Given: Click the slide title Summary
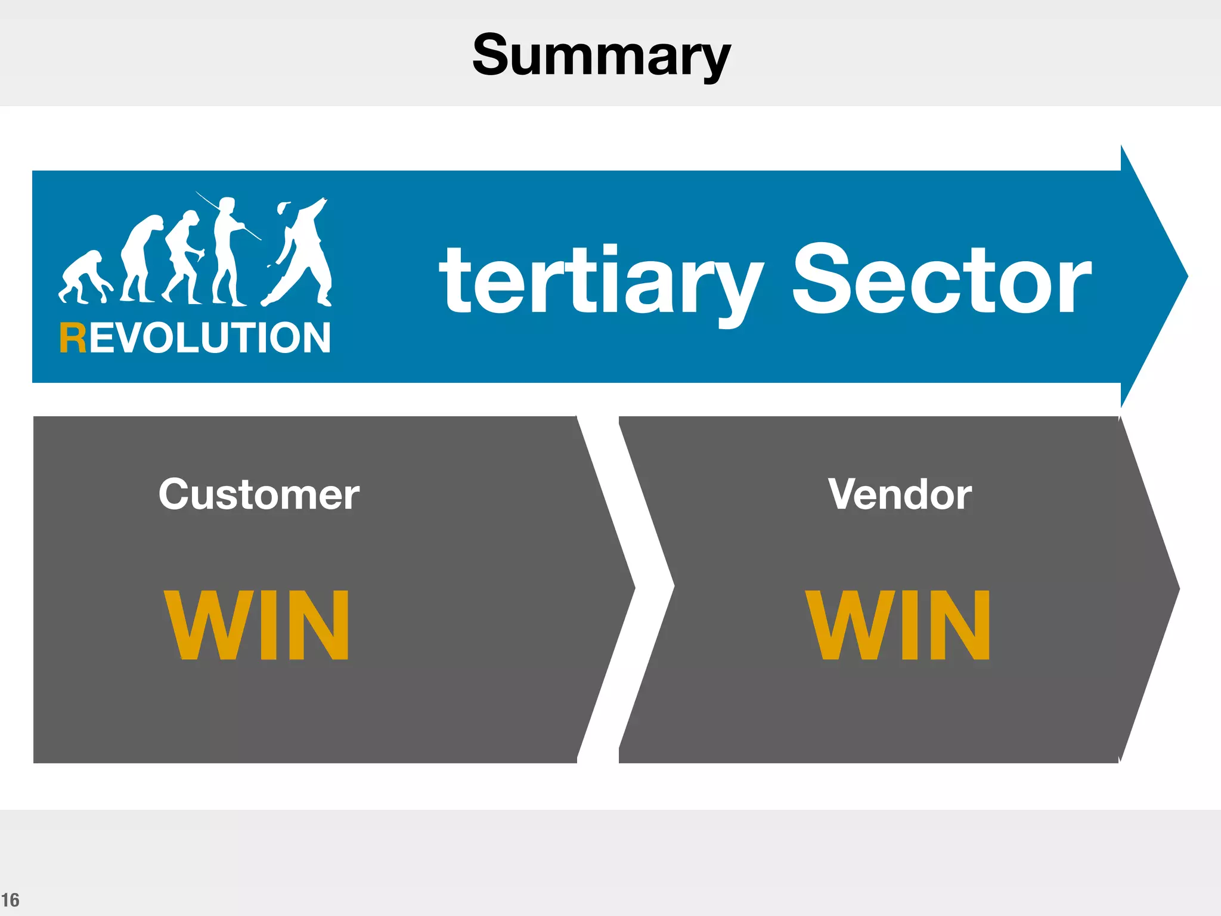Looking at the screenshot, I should coord(601,55).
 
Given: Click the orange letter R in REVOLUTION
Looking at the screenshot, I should coord(73,338).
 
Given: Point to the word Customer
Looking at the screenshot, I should coord(259,494).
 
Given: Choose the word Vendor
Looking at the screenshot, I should coord(900,494).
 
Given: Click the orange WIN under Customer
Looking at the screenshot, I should coord(256,624).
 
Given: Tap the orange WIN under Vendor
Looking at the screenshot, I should coord(898,624).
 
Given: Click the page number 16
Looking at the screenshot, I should coord(10,900).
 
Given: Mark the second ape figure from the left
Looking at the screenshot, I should coord(140,256).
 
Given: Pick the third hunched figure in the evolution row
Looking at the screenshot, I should coord(184,256).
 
